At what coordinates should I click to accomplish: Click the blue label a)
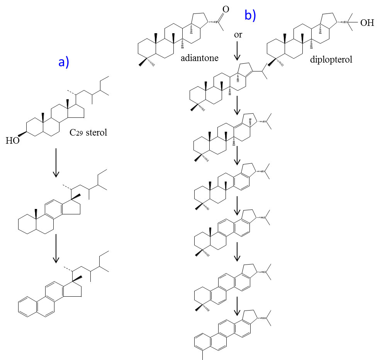(63, 62)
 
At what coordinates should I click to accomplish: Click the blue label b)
(250, 15)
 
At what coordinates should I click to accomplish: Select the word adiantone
(200, 58)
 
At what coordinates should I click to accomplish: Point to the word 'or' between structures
(238, 35)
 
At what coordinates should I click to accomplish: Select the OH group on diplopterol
(366, 24)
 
